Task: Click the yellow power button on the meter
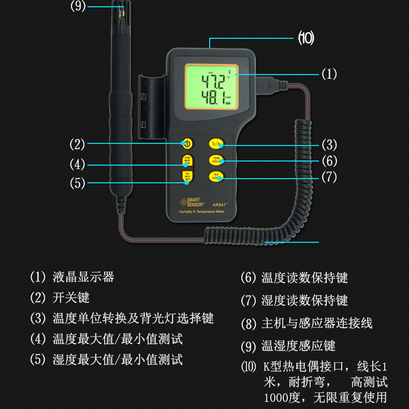188,144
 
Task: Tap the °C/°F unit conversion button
215,144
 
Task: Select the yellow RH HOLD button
215,177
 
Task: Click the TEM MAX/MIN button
188,160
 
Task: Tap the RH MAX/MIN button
188,176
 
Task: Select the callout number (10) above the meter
306,38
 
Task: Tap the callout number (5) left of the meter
77,183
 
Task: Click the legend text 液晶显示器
83,278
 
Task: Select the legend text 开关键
71,298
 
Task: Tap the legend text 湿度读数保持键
304,300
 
